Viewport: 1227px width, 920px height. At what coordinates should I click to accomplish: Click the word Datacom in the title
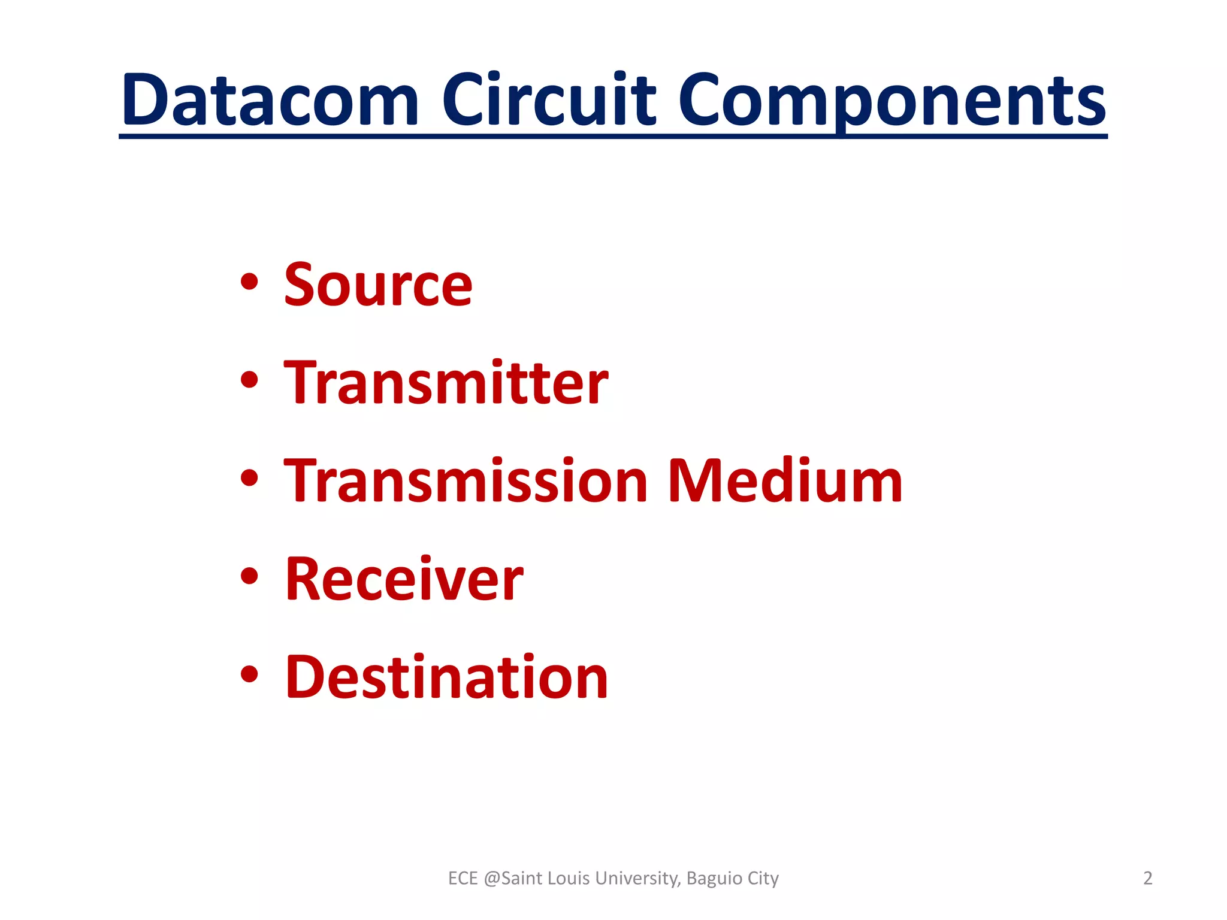tap(270, 100)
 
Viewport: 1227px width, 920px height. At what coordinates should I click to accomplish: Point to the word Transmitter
tap(446, 383)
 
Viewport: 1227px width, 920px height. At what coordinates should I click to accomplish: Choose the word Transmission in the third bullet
tap(466, 481)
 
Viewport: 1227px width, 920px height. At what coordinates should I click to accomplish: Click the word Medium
tap(784, 481)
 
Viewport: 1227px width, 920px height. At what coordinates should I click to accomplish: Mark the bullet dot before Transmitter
tap(249, 380)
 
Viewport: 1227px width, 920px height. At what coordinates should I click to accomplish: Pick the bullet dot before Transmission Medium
tap(249, 478)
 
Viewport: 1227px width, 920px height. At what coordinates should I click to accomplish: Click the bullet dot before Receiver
tap(249, 576)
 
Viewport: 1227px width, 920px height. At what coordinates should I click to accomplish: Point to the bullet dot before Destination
tap(249, 674)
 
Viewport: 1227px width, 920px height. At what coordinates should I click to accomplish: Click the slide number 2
tap(1147, 878)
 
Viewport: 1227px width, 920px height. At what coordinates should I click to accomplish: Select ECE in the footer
tap(463, 878)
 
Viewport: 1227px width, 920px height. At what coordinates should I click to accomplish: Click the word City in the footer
tap(763, 878)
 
